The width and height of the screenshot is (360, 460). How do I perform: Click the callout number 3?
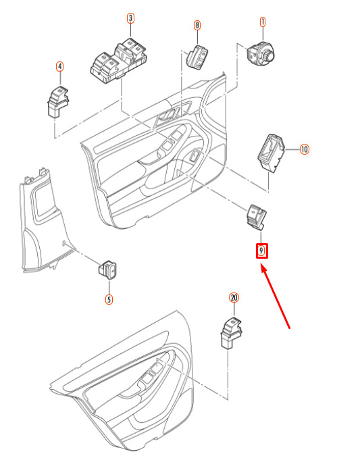tap(130, 18)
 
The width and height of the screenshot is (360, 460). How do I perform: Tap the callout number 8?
tap(197, 26)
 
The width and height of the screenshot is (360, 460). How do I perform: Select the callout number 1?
tap(263, 22)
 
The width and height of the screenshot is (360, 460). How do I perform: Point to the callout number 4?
tap(59, 67)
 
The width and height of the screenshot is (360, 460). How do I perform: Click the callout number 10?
tap(304, 149)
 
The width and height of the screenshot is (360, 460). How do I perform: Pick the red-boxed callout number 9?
tap(261, 251)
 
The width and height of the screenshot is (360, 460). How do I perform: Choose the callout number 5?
tap(109, 299)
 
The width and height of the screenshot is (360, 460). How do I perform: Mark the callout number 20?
tap(234, 298)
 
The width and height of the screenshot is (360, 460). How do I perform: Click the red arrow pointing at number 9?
tap(275, 296)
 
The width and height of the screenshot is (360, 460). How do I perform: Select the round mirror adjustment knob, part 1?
tap(261, 53)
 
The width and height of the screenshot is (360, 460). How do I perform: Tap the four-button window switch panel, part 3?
tap(118, 60)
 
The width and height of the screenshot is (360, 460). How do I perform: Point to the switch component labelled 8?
tap(197, 57)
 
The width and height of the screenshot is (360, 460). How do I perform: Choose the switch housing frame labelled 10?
tap(271, 153)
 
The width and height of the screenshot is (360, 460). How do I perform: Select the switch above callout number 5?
tap(107, 270)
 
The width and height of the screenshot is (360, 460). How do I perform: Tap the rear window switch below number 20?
tap(231, 333)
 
